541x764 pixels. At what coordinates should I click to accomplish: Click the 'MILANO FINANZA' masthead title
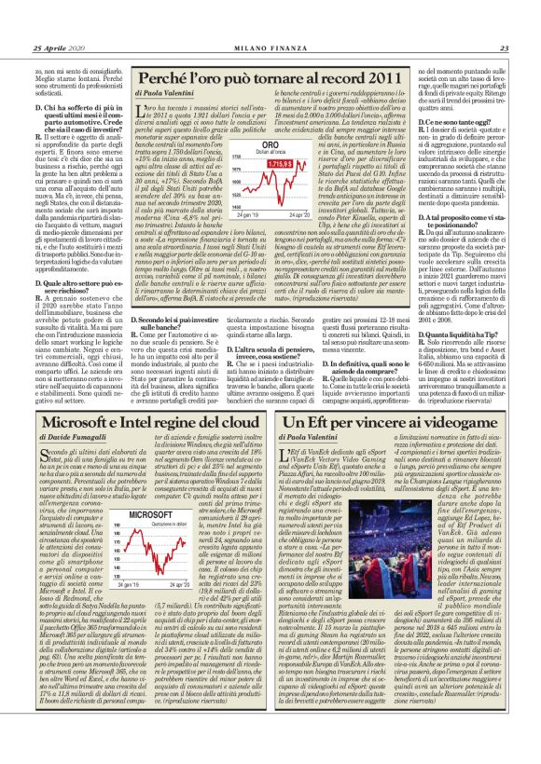click(270, 22)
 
